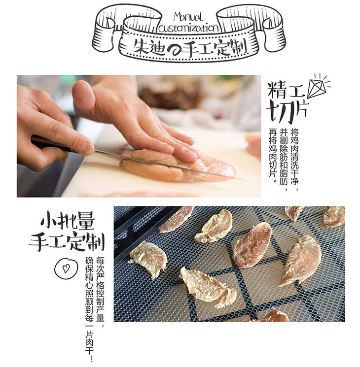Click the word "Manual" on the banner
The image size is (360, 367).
(187, 17)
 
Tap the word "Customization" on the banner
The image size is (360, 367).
(189, 28)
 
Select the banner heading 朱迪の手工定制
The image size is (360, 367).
(189, 47)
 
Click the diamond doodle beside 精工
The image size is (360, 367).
(319, 85)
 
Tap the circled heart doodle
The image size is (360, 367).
(66, 268)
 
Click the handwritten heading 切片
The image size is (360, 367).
(287, 112)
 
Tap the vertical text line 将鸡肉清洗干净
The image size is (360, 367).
(294, 160)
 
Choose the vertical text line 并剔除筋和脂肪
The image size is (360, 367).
(284, 160)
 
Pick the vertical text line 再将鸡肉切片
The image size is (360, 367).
(273, 156)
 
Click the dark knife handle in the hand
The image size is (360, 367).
(50, 144)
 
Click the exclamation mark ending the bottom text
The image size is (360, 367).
(90, 359)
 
